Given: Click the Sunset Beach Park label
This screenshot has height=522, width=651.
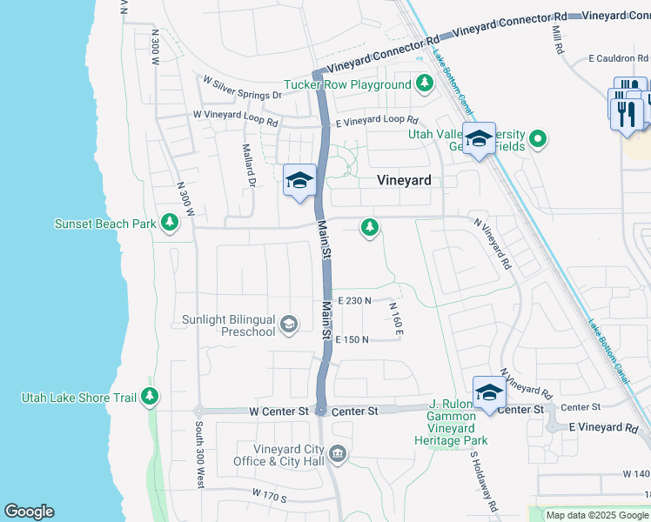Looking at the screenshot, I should pyautogui.click(x=105, y=224).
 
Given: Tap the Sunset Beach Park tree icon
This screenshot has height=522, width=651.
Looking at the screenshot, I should pyautogui.click(x=170, y=224).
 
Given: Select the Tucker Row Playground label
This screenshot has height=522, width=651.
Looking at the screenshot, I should pyautogui.click(x=347, y=84).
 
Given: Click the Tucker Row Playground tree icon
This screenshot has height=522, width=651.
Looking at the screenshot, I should pyautogui.click(x=424, y=84).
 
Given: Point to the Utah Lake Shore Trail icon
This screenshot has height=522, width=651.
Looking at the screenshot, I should pyautogui.click(x=151, y=397).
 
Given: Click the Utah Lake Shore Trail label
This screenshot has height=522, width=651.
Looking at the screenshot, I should pyautogui.click(x=79, y=398).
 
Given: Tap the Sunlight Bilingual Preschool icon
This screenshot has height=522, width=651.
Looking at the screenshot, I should pyautogui.click(x=288, y=325).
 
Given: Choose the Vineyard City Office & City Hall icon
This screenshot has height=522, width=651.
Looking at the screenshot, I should pyautogui.click(x=339, y=453).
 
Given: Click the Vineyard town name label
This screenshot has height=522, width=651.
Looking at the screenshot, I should pyautogui.click(x=404, y=180).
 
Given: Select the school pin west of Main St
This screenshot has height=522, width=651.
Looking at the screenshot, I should pyautogui.click(x=299, y=181).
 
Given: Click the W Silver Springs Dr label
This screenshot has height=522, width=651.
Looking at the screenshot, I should pyautogui.click(x=243, y=88).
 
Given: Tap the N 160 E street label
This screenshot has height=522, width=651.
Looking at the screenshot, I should pyautogui.click(x=396, y=318).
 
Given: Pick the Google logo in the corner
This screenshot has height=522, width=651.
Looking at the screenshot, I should pyautogui.click(x=29, y=512).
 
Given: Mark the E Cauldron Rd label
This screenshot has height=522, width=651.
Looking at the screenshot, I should pyautogui.click(x=620, y=58).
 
